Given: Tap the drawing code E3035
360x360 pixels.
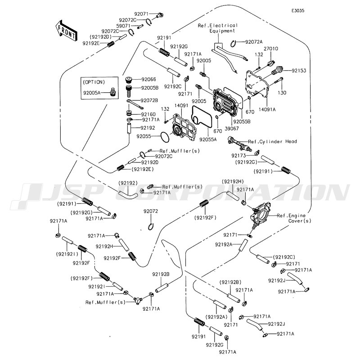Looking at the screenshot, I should click(297, 10).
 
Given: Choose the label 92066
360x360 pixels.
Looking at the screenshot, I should click(149, 79).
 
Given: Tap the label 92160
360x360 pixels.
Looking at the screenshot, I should click(149, 114).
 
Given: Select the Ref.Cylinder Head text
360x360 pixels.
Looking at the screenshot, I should click(272, 141).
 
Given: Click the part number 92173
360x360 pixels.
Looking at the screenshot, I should click(239, 155).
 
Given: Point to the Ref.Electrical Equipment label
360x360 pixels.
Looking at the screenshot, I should click(217, 28).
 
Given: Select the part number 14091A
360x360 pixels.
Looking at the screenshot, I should click(279, 108).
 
